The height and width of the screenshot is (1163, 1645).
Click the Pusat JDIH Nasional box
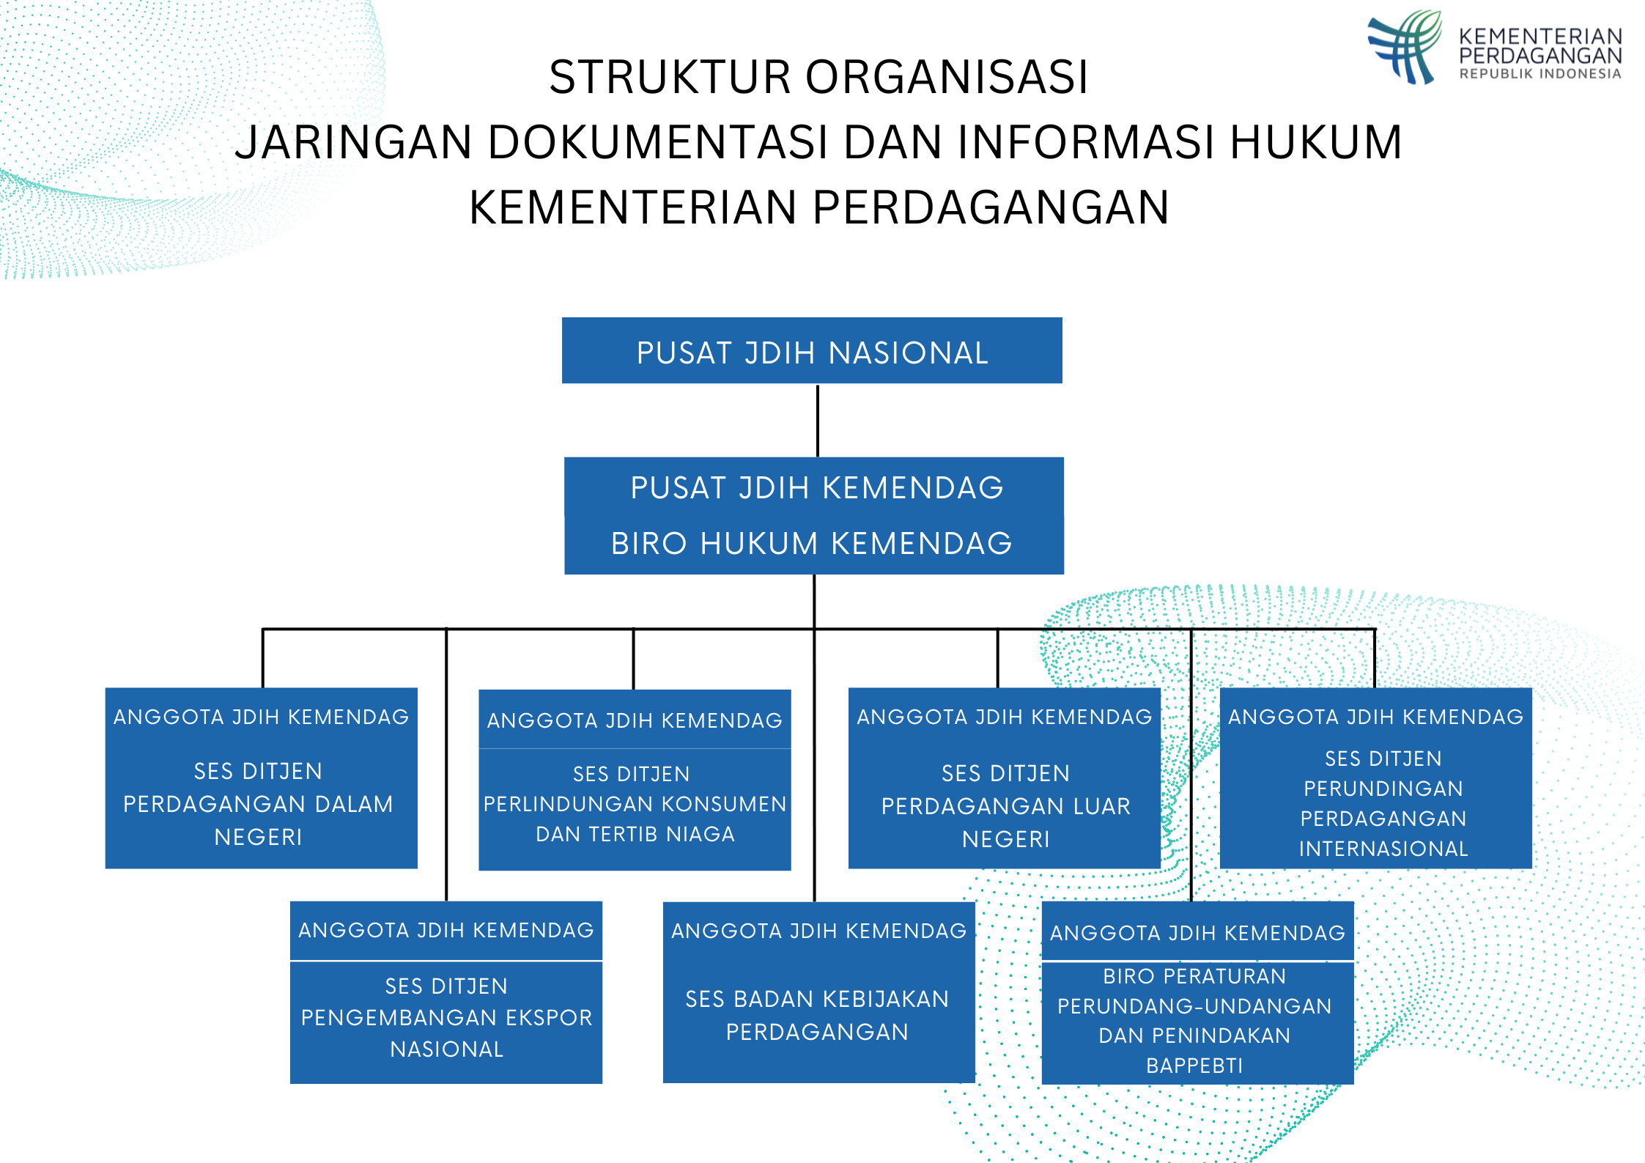tap(812, 351)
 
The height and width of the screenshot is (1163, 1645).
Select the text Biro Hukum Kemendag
tap(812, 544)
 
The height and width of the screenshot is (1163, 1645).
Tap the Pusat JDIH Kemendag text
tap(816, 488)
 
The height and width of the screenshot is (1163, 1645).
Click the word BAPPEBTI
tap(1194, 1066)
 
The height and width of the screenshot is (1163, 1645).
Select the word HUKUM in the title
tap(1316, 142)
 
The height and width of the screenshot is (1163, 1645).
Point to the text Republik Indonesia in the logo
tap(1539, 74)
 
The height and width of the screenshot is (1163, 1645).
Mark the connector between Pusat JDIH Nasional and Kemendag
tap(818, 420)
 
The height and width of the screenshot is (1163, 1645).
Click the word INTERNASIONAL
tap(1383, 849)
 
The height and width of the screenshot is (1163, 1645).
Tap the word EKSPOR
tap(549, 1017)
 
